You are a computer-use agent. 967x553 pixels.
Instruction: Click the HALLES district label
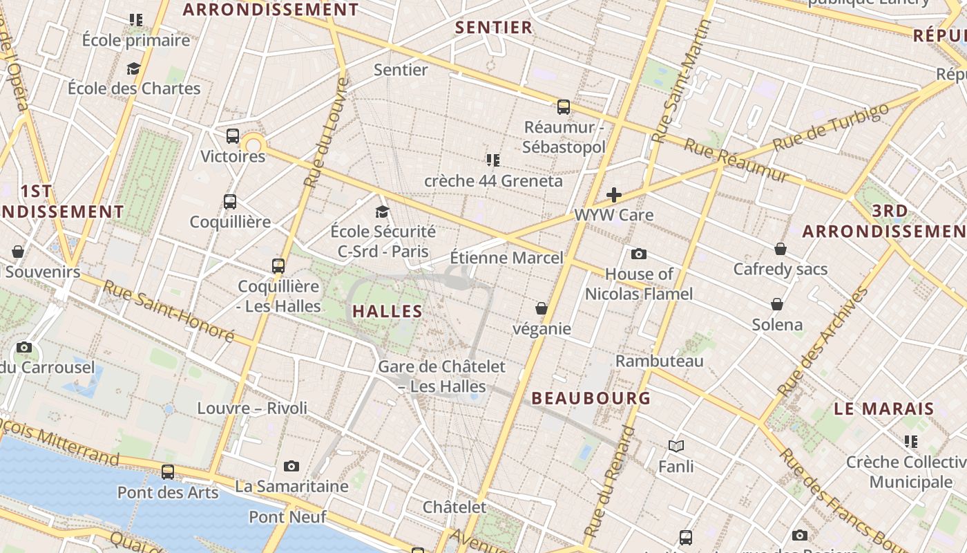tap(387, 311)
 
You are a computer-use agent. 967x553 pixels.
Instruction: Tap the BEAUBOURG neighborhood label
tap(591, 398)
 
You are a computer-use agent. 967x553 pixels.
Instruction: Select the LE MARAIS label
tap(884, 409)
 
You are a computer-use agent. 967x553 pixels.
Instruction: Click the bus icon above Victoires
tap(233, 136)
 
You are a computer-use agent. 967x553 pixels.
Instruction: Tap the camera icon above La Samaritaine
tap(291, 467)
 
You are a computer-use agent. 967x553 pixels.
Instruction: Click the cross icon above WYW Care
tap(613, 196)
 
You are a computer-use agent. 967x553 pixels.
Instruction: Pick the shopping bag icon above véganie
tap(542, 308)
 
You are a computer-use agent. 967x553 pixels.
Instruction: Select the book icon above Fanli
tap(676, 447)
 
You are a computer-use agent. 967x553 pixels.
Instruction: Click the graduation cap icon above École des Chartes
tap(134, 68)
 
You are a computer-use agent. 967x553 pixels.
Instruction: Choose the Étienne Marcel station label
tap(506, 258)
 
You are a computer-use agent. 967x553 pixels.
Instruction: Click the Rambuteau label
tap(659, 361)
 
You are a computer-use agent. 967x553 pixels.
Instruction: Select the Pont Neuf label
tap(287, 517)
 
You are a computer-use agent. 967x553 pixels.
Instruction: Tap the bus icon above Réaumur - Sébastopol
tap(564, 107)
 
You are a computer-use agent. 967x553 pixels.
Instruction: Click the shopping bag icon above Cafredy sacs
tap(781, 249)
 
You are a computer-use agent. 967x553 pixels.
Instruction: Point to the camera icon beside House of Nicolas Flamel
tap(639, 254)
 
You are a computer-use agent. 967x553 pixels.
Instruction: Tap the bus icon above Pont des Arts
tap(168, 472)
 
